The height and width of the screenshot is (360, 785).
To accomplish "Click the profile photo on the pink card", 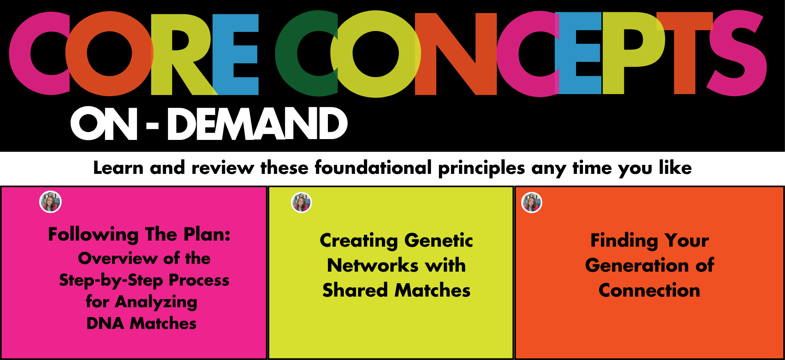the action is tap(50, 202).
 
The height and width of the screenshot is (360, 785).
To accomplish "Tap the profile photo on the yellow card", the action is tap(301, 202).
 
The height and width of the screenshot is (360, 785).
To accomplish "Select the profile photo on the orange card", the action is tap(532, 202).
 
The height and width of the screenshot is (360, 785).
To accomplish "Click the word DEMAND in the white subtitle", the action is tap(257, 124).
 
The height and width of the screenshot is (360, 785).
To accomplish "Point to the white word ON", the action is tap(104, 124).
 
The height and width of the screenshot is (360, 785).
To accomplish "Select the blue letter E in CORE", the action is tap(235, 54).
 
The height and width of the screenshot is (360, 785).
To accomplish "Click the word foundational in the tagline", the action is tap(373, 167).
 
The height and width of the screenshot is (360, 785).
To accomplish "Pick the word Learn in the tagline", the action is tap(118, 168).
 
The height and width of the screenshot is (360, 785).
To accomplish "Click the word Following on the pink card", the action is tap(94, 235).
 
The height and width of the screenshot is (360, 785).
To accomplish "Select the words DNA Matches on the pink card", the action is tap(141, 323).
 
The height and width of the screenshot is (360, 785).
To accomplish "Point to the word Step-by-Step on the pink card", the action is tap(111, 281).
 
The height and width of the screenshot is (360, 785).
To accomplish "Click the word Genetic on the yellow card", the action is tap(438, 241).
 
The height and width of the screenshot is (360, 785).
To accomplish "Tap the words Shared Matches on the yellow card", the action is tap(396, 290).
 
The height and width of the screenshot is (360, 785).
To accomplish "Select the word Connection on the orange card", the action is tap(649, 290).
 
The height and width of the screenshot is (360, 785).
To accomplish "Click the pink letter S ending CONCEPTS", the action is tap(737, 53).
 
